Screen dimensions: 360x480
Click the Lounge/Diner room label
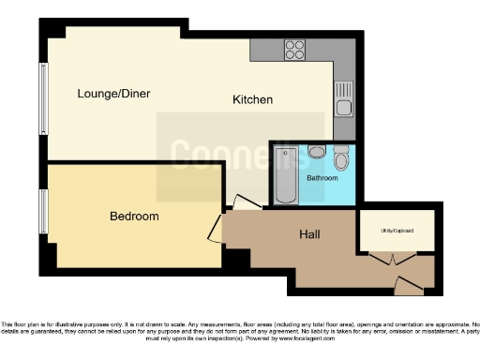113,94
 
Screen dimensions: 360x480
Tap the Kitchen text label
253,99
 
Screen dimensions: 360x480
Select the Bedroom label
134,217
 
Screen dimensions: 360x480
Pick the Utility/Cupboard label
397,230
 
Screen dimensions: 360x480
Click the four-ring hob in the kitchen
295,49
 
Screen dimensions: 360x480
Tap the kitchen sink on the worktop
342,97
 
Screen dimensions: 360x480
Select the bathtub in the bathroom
285,174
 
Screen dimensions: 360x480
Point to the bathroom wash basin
317,152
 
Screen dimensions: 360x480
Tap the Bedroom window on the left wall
42,213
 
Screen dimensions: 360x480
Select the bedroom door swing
217,227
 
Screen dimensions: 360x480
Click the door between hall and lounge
246,202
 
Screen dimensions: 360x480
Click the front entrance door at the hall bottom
410,283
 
